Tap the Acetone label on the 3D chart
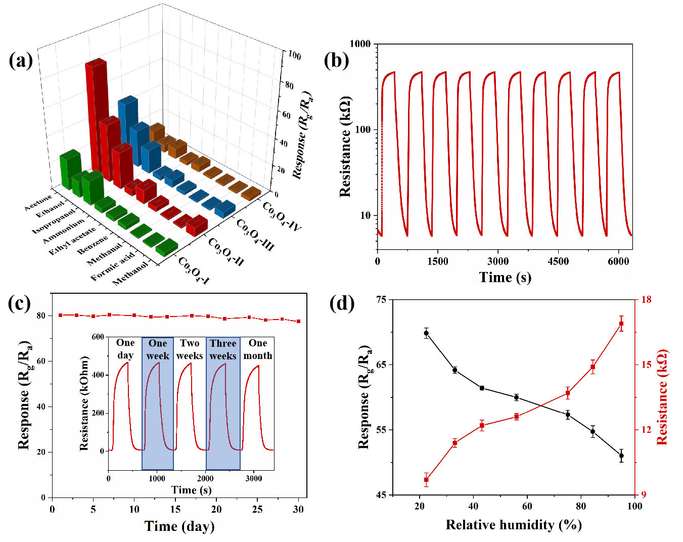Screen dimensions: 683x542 click(38, 203)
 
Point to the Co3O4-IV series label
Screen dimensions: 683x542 click(281, 216)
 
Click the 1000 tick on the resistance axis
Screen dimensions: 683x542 click(360, 43)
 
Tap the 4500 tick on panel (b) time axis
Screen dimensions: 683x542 click(558, 261)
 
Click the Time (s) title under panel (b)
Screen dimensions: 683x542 click(505, 277)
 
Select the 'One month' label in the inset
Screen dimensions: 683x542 click(258, 349)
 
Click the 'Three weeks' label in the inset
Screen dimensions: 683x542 click(223, 349)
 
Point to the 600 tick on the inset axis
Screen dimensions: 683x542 click(98, 337)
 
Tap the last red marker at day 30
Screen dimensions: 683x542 click(298, 322)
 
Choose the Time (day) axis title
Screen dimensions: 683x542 click(179, 526)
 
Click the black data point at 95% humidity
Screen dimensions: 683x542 click(621, 456)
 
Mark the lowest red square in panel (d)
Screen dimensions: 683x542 click(426, 480)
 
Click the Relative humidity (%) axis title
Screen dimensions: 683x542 click(514, 524)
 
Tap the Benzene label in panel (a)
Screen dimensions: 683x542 click(93, 245)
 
